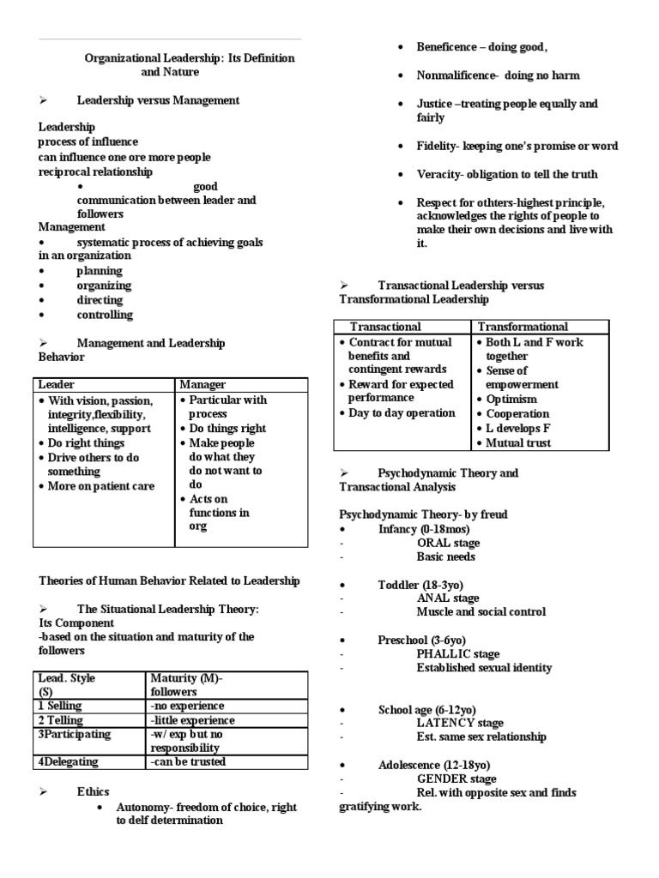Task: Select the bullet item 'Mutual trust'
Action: coord(517,443)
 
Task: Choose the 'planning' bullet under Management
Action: coord(100,271)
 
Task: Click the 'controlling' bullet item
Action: coord(105,315)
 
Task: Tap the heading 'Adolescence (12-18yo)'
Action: coord(434,764)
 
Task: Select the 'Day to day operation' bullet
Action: coord(402,413)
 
